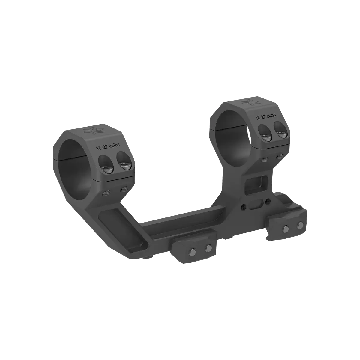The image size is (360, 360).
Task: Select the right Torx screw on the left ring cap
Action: pos(124,164)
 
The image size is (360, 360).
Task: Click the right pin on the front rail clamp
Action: pos(207,248)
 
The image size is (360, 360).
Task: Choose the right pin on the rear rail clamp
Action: pos(299,225)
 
